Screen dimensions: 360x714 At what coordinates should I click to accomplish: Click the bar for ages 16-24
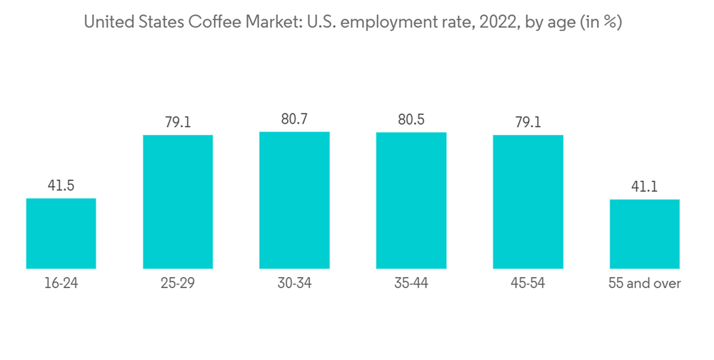click(61, 234)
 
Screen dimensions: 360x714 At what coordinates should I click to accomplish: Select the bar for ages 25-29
click(178, 201)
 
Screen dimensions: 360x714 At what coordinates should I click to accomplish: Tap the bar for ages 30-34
click(294, 200)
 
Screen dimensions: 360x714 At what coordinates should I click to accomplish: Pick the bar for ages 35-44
click(411, 201)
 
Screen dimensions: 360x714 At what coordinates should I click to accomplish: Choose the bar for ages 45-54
click(528, 201)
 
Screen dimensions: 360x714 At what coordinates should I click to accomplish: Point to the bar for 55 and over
click(644, 234)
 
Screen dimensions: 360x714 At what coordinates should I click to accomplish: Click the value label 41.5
click(61, 186)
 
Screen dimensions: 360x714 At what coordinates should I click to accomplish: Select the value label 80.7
click(294, 119)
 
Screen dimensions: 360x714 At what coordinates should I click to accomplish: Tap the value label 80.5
click(411, 120)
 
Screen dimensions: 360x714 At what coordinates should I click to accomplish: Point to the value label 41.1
click(644, 187)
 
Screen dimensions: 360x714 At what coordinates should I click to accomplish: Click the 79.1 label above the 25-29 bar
click(178, 122)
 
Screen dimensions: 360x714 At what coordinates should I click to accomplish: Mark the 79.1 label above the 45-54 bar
click(528, 122)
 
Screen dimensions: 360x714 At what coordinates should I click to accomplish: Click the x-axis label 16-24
click(61, 284)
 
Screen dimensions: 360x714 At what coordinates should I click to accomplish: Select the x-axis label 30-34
click(294, 284)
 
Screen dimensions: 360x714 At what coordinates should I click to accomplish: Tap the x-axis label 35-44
click(411, 284)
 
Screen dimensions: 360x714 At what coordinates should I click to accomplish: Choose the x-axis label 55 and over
click(644, 284)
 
